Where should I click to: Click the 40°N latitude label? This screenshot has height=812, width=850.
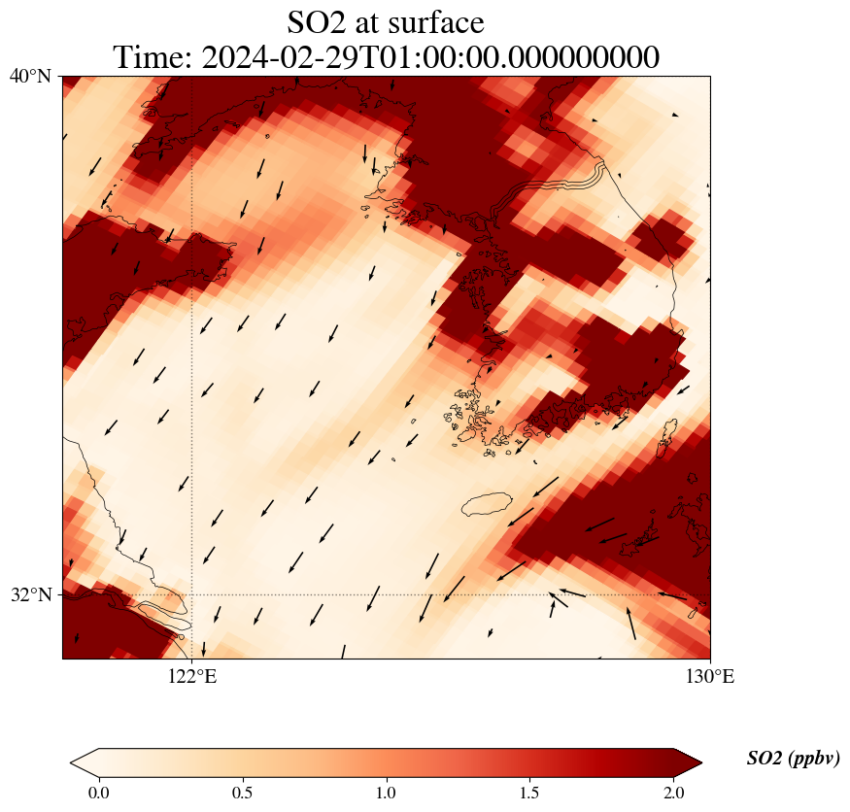point(29,76)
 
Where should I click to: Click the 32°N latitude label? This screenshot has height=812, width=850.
point(29,594)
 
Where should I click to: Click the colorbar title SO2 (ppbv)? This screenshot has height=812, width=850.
point(793,759)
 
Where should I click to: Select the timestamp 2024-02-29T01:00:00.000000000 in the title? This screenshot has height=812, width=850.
point(430,57)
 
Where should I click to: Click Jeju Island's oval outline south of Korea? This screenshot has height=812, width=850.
point(488,504)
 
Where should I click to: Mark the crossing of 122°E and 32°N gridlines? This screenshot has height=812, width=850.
point(192,594)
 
